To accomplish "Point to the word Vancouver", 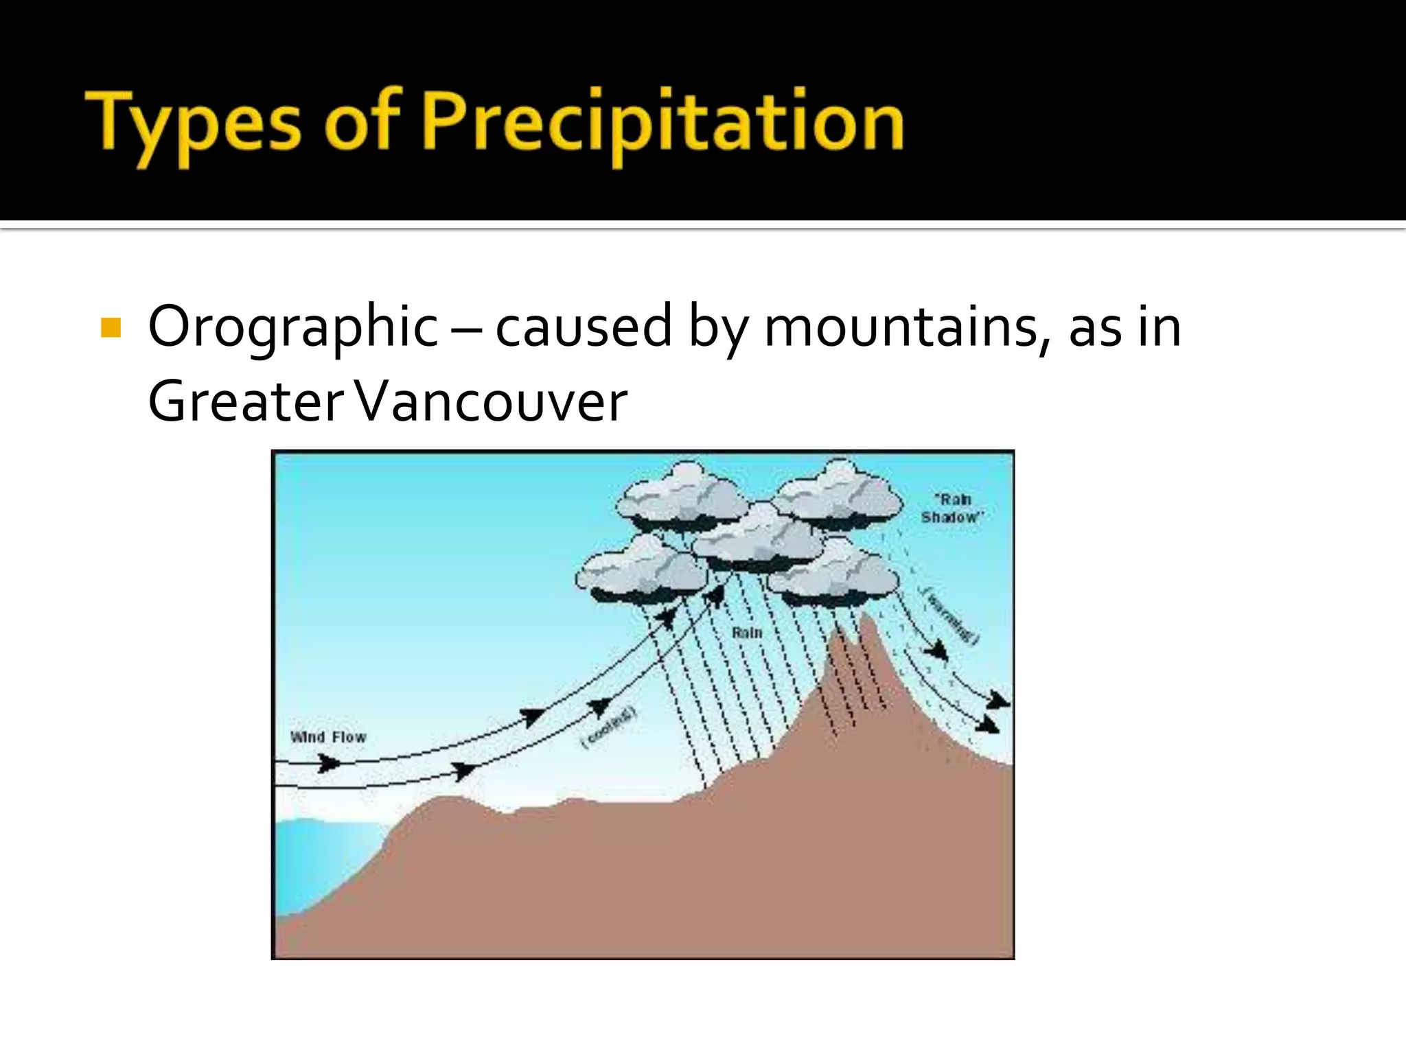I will [x=492, y=401].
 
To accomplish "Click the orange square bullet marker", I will [x=111, y=327].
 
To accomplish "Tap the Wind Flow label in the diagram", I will [x=328, y=737].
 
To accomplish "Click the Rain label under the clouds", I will [x=747, y=633].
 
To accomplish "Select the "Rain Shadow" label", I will [x=952, y=508].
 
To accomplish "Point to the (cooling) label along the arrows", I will [x=609, y=728].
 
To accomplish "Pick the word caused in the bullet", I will [x=584, y=327].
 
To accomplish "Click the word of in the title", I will [x=362, y=124].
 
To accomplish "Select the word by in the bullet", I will [x=718, y=328].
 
